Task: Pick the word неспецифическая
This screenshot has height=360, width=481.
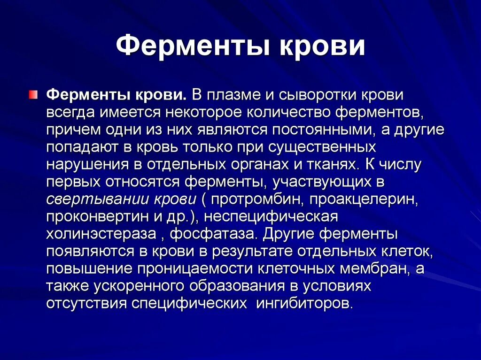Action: click(272, 216)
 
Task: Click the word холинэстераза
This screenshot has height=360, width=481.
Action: click(101, 233)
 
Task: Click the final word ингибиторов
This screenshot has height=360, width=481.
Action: click(304, 302)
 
